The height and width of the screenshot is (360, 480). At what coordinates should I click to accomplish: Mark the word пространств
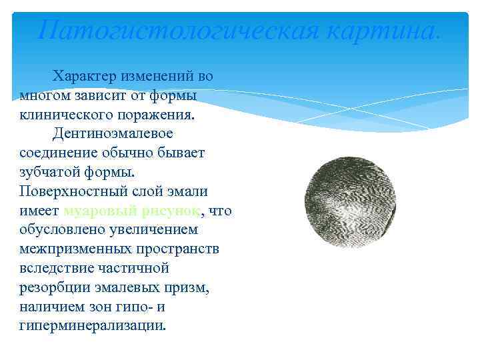point(177,249)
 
